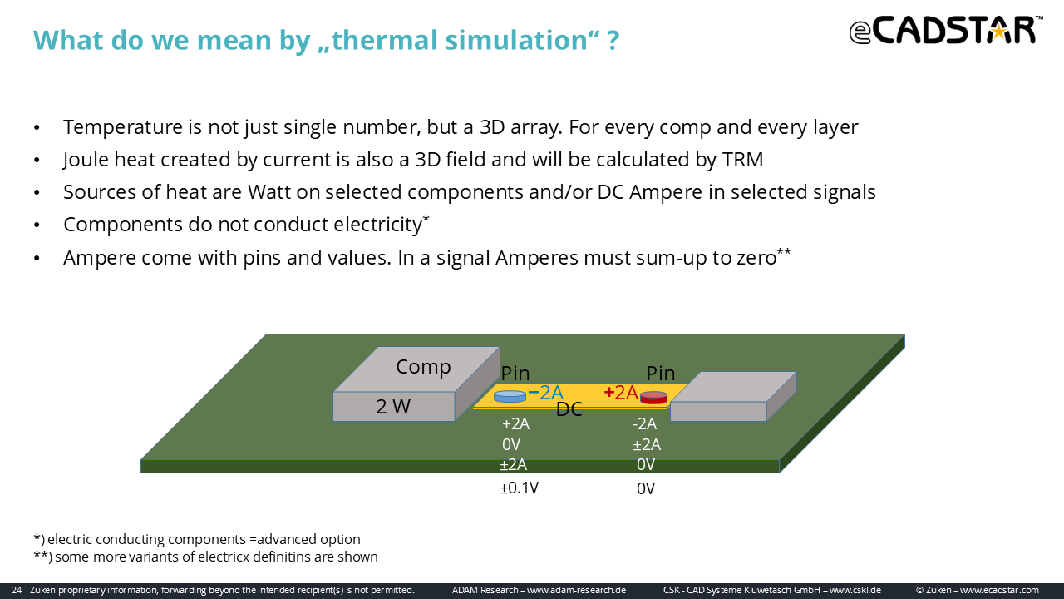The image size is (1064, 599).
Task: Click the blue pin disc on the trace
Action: (x=510, y=396)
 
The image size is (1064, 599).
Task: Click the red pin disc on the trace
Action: (x=653, y=398)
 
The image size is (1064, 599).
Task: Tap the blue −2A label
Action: (x=546, y=393)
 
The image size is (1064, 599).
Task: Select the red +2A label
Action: (x=621, y=393)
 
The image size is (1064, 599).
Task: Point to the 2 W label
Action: (x=393, y=407)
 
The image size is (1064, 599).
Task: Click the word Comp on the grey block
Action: (x=423, y=367)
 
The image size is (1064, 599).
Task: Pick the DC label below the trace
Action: (x=569, y=409)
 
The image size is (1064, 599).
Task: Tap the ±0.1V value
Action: (x=520, y=488)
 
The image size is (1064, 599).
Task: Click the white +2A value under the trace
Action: (x=516, y=423)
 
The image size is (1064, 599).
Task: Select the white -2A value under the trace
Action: (x=644, y=423)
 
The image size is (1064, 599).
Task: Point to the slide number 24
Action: (x=17, y=590)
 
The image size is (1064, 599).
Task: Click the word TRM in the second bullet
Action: (x=742, y=160)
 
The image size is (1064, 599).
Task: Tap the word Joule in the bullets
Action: (x=86, y=160)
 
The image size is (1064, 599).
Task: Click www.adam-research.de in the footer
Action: (x=576, y=590)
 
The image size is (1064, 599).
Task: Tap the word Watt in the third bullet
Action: (x=270, y=192)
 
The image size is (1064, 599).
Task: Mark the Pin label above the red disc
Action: (x=660, y=374)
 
